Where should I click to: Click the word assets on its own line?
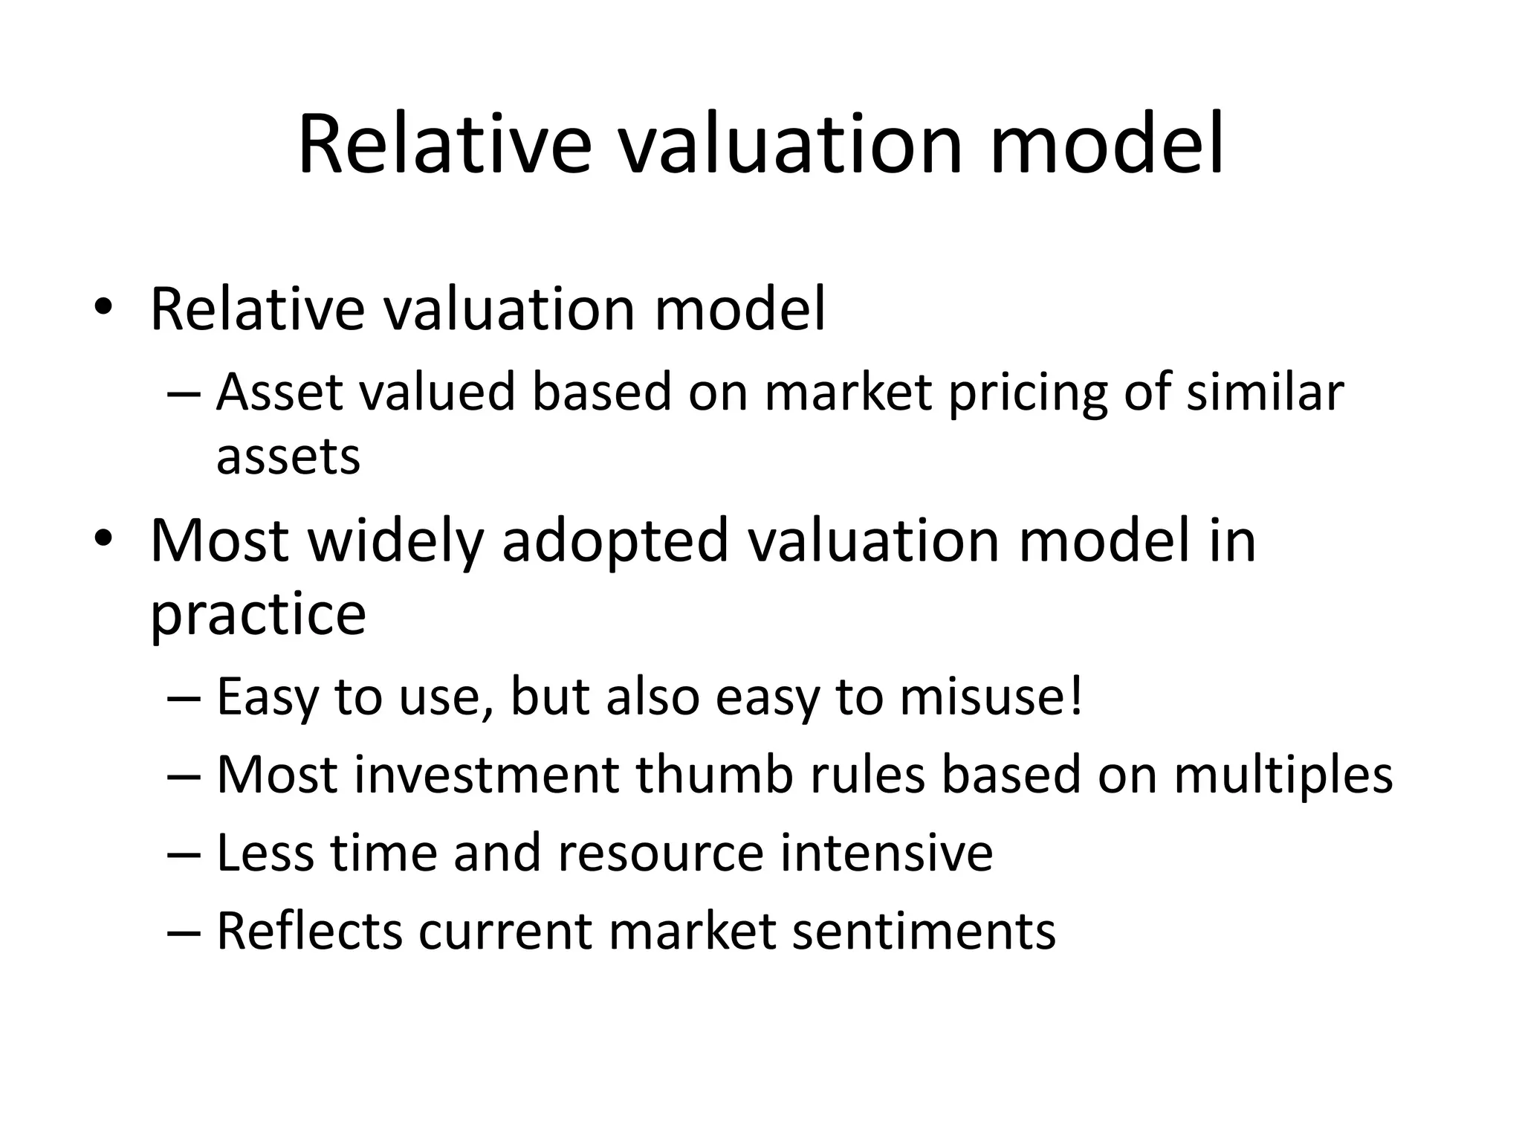click(x=288, y=457)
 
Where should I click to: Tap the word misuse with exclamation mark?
click(x=991, y=697)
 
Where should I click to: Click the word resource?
click(x=660, y=853)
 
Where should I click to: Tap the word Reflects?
click(x=309, y=930)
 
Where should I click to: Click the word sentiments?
click(x=924, y=931)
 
